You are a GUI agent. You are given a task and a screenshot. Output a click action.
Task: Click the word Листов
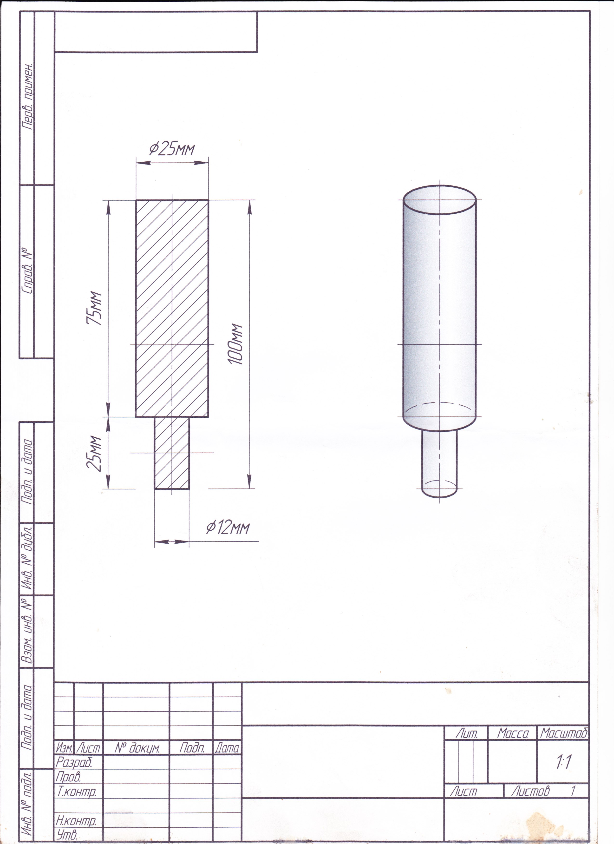[x=530, y=791]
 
